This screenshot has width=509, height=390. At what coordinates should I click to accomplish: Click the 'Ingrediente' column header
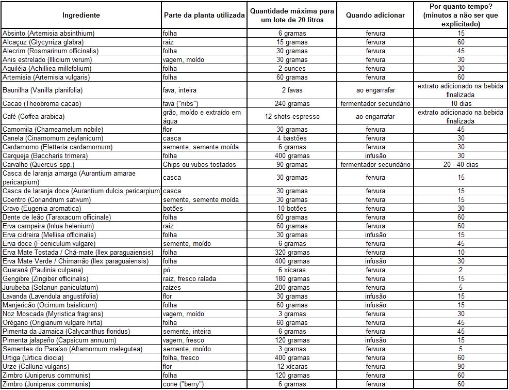[81, 15]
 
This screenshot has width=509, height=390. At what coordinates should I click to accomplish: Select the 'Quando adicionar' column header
[375, 15]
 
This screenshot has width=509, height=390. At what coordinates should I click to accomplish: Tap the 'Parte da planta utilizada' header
[204, 15]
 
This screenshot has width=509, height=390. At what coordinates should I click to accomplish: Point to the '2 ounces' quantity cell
[292, 68]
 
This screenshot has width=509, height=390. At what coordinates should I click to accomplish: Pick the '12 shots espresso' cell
[292, 116]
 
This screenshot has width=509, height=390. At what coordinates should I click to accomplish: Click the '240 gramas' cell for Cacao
[292, 103]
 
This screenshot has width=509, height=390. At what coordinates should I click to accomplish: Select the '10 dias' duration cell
[461, 103]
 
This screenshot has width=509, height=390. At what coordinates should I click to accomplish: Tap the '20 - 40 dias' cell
[461, 164]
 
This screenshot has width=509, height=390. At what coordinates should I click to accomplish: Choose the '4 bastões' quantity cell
[292, 138]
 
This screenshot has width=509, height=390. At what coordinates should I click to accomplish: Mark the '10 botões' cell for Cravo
[292, 208]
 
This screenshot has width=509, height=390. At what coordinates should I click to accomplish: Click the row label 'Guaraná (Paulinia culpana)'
[43, 270]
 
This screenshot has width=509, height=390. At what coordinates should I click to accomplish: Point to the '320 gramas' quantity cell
[292, 252]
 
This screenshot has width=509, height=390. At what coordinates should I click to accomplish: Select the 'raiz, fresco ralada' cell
[189, 278]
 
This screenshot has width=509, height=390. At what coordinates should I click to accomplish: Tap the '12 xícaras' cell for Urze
[292, 366]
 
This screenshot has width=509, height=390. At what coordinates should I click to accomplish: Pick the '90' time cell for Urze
[461, 366]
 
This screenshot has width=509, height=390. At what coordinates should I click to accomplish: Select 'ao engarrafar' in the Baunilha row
[375, 90]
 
